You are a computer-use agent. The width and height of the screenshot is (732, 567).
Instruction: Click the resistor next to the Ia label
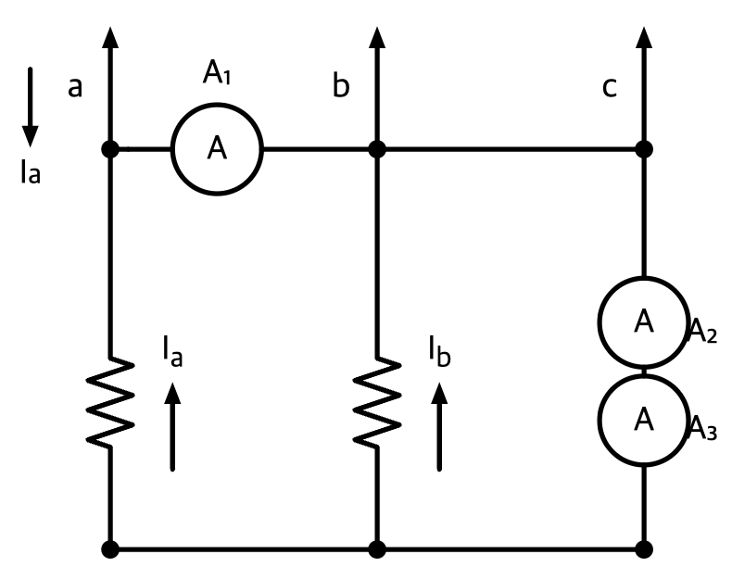click(x=110, y=402)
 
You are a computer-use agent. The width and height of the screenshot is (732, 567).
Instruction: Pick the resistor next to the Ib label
click(x=377, y=402)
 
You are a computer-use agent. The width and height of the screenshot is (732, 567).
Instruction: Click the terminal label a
click(x=75, y=87)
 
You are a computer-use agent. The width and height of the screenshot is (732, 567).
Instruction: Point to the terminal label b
click(x=341, y=84)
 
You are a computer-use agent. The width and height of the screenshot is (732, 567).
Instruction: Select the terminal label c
click(x=610, y=87)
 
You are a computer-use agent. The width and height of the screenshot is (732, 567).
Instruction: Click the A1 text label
click(x=217, y=73)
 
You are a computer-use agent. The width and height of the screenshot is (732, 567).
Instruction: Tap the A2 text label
click(x=703, y=331)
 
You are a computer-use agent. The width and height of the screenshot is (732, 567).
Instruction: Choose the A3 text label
click(x=703, y=428)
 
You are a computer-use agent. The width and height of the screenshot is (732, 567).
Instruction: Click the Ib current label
click(x=439, y=351)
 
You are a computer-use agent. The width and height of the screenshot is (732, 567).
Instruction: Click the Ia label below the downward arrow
click(x=31, y=171)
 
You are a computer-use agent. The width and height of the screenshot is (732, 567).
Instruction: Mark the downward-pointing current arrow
click(x=31, y=107)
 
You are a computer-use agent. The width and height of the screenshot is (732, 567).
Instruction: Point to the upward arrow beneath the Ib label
click(x=439, y=426)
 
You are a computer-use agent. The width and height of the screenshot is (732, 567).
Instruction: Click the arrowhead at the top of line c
click(x=644, y=37)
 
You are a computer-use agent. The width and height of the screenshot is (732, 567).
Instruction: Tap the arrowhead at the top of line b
click(x=377, y=37)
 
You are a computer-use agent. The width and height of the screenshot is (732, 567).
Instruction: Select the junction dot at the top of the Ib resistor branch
click(x=377, y=149)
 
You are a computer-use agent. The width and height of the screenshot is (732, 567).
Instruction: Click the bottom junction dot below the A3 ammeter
click(x=644, y=549)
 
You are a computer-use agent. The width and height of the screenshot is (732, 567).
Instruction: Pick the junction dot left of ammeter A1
click(x=110, y=149)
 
